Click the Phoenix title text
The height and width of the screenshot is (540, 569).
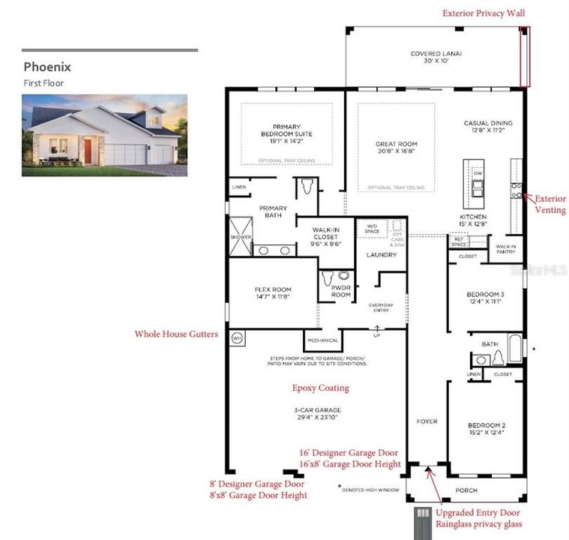pos(46,67)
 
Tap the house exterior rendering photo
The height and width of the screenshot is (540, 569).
pos(104,135)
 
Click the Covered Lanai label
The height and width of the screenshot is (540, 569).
pos(436,57)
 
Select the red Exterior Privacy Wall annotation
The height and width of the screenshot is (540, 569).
pos(484,13)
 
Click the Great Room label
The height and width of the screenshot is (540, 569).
pos(397,147)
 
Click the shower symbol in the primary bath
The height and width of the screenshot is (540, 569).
pos(240,237)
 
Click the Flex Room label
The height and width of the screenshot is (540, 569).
pos(272,292)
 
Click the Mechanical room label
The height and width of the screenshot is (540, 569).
pos(322,340)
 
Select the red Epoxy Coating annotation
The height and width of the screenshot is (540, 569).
pos(320,388)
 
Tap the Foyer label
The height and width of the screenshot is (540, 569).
pos(427,421)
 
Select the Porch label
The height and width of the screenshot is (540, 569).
pos(466,490)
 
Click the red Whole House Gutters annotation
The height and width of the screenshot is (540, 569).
pos(177,334)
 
